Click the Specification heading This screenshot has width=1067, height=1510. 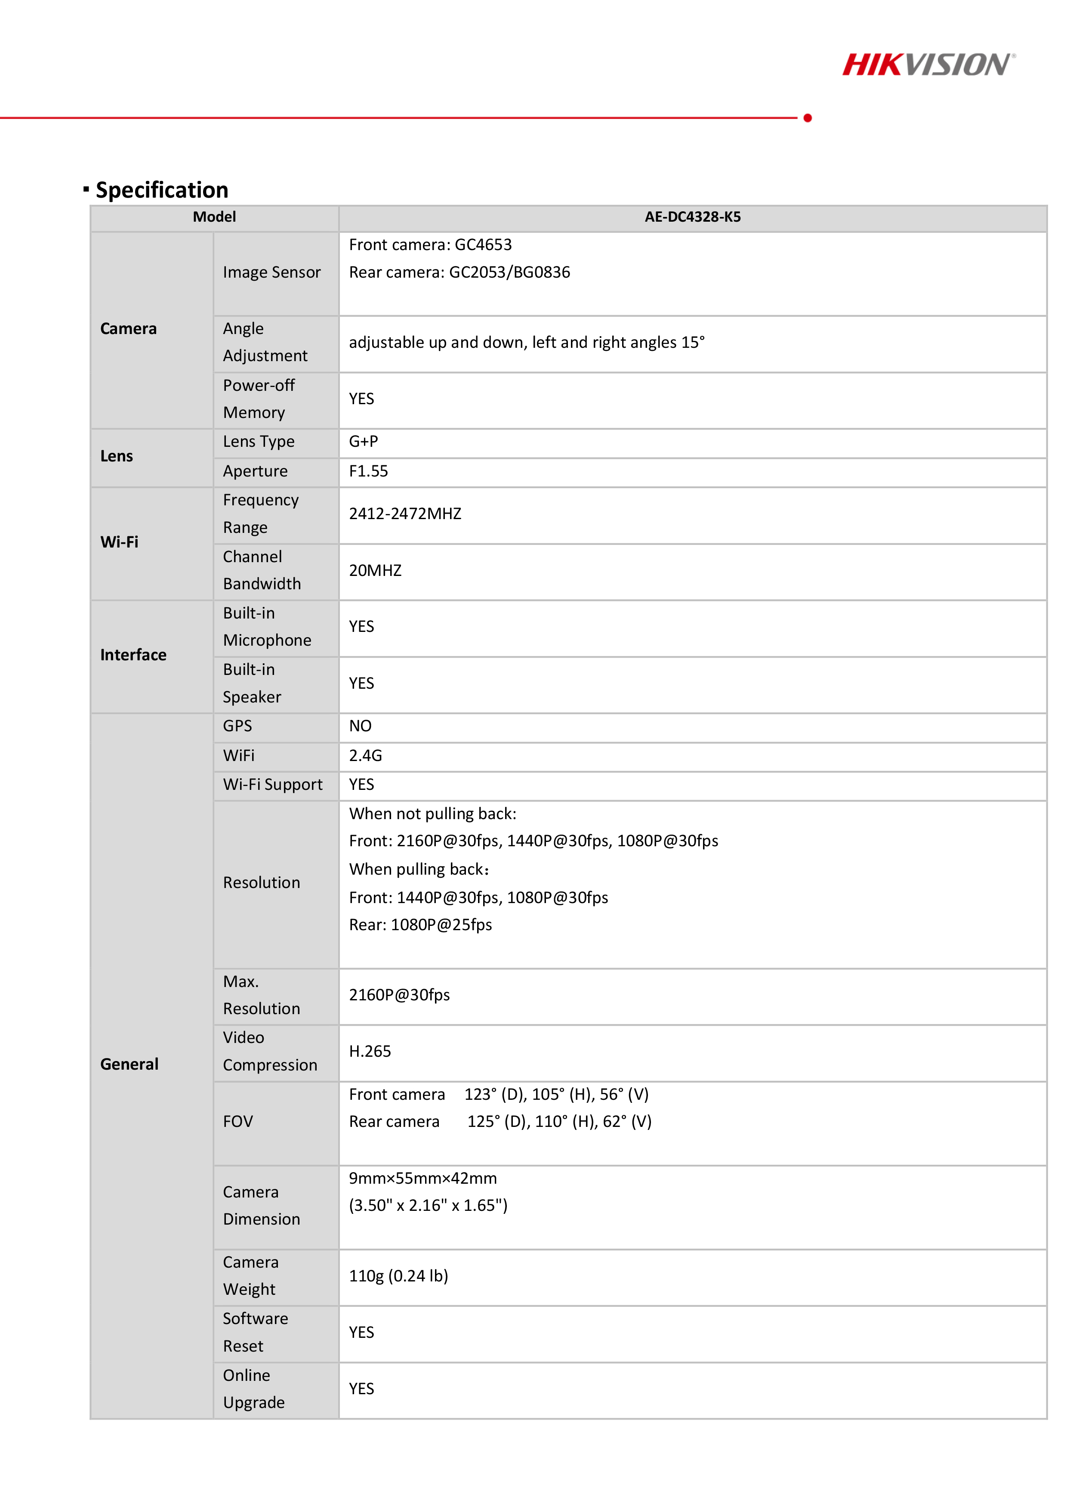click(162, 190)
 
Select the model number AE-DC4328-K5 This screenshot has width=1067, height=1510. click(692, 217)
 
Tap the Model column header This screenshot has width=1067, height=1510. click(214, 217)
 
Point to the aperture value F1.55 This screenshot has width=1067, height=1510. click(368, 471)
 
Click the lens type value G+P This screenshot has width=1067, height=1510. click(364, 442)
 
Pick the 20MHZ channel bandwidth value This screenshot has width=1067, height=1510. click(375, 571)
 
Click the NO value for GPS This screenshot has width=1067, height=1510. click(360, 726)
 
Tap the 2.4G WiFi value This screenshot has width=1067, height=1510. click(366, 756)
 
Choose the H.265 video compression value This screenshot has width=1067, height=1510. click(370, 1052)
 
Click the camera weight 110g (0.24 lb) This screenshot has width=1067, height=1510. click(398, 1277)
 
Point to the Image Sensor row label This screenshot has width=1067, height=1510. click(271, 272)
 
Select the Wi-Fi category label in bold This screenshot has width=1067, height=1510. click(119, 542)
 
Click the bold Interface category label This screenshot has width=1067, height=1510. click(133, 655)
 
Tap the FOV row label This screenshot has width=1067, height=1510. click(238, 1122)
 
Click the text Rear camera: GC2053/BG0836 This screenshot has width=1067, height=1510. click(459, 272)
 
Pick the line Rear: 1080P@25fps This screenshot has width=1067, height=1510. click(420, 925)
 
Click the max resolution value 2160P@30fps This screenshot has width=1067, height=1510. click(399, 995)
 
